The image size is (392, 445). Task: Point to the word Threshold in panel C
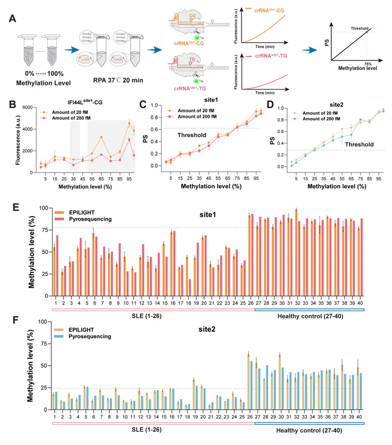click(x=191, y=135)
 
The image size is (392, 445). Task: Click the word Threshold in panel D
click(x=358, y=144)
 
